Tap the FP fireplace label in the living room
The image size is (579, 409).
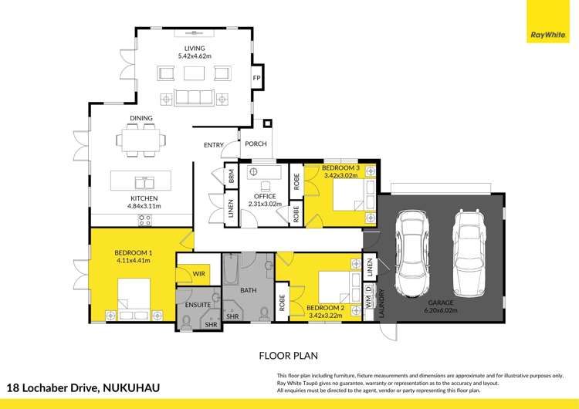pos(257,79)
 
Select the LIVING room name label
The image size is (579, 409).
pos(195,49)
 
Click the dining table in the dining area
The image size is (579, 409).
pos(141,140)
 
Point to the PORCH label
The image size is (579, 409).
pos(256,144)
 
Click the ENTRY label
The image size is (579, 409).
pos(214,145)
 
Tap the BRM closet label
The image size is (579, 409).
pos(230,177)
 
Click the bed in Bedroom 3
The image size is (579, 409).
pos(352,198)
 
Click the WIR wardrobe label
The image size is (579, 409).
pos(198,274)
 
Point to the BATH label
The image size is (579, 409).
pos(249,291)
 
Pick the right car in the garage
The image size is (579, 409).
pos(468,252)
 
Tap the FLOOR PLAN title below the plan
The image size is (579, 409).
pos(289,357)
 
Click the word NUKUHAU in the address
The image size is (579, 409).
pos(131,387)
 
